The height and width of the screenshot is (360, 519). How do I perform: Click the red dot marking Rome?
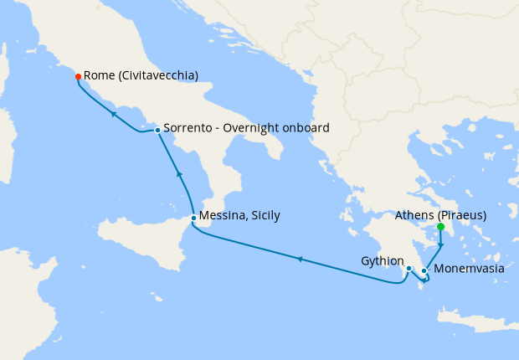click(78, 76)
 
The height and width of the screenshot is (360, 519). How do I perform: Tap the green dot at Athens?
click(441, 226)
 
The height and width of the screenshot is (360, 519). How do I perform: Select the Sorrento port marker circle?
click(157, 130)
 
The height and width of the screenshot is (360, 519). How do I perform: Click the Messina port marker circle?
click(194, 218)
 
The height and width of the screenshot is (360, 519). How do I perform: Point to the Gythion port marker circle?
click(409, 269)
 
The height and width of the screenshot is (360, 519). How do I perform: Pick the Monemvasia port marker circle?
click(424, 270)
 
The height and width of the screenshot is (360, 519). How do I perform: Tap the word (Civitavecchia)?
click(159, 75)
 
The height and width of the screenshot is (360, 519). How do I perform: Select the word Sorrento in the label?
click(190, 128)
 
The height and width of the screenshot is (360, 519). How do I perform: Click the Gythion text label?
click(382, 260)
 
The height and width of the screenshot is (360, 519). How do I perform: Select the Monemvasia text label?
click(469, 270)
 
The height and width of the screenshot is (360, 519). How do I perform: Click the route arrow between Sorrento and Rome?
click(113, 112)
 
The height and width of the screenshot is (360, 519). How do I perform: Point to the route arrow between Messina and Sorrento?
click(177, 174)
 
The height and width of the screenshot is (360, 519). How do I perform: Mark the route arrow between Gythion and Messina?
click(300, 259)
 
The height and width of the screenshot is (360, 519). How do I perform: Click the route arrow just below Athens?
click(441, 244)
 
